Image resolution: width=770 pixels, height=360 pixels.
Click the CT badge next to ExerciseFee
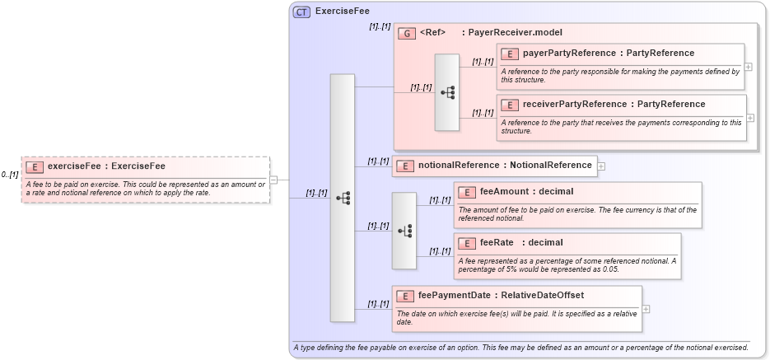coord(302,12)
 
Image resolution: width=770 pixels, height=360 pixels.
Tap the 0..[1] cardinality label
coord(11,175)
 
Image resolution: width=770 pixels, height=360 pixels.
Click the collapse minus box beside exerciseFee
coord(273,180)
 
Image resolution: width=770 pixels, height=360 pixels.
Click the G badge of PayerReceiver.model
coord(406,33)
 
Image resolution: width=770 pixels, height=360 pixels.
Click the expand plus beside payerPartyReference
coord(748,67)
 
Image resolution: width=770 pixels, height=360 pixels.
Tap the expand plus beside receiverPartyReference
coord(750,118)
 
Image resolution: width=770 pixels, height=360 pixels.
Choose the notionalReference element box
coord(494,166)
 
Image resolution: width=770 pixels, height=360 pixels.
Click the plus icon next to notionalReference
coord(601,166)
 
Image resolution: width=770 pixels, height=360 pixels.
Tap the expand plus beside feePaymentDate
coord(646,309)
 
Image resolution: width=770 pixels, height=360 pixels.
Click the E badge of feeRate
coord(467,243)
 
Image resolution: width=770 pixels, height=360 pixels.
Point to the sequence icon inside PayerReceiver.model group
coord(447,92)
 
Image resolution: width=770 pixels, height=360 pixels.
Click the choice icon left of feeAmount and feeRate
coord(404,231)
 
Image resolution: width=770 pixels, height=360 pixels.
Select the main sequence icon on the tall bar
coord(343,198)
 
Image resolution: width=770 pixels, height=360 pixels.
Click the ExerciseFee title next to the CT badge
coord(342,12)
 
